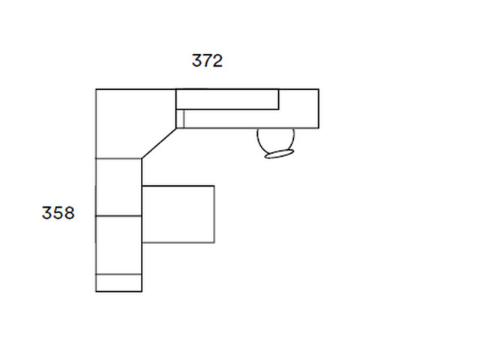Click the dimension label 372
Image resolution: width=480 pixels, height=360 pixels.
point(207,61)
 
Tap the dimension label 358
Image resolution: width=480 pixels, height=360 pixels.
point(58,213)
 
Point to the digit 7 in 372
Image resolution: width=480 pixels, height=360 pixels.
point(207,61)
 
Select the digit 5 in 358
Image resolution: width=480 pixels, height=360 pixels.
point(58,213)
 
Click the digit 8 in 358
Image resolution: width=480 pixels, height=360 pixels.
point(69,213)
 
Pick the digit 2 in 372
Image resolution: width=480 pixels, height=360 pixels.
point(217,61)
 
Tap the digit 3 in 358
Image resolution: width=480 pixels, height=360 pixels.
point(46,213)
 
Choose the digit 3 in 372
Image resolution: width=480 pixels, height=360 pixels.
point(196,61)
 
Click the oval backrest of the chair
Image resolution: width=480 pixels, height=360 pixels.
point(279,154)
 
